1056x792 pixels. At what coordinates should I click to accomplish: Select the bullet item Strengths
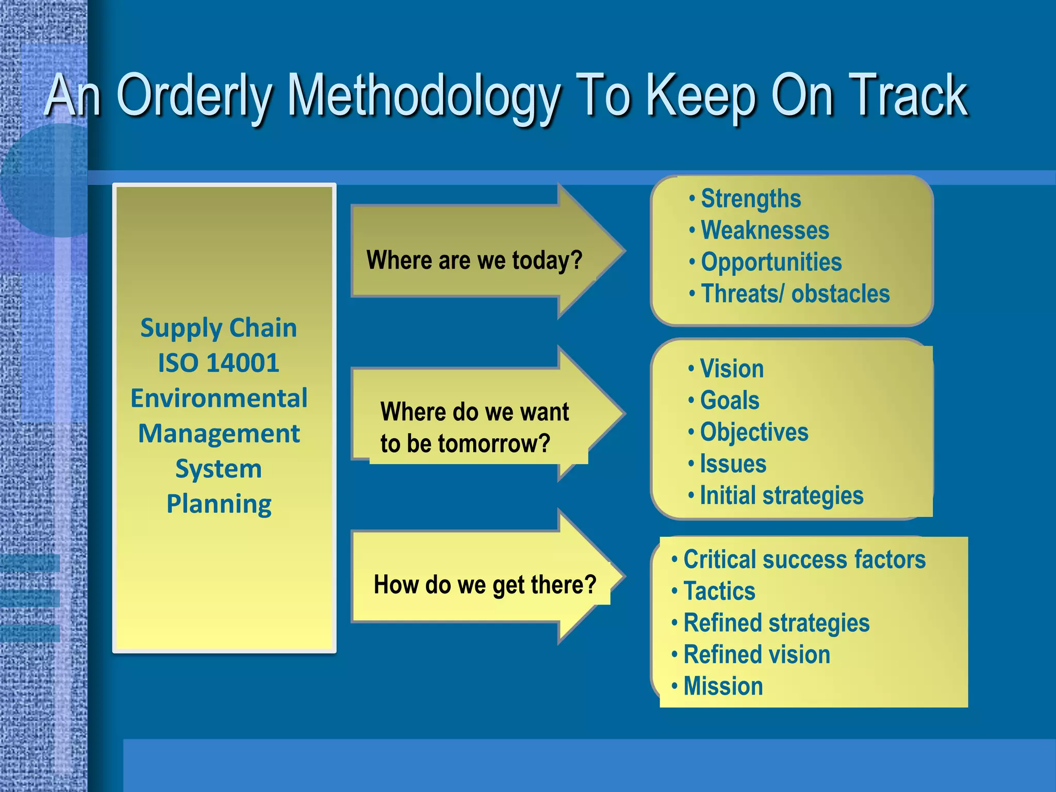point(751,199)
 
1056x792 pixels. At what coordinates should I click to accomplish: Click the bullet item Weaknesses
point(765,230)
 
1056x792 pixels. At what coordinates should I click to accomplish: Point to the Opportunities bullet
point(771,262)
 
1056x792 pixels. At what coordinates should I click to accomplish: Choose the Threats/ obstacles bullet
point(795,294)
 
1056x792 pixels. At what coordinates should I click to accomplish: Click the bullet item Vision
point(732,369)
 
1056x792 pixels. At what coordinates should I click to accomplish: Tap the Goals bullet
point(730,400)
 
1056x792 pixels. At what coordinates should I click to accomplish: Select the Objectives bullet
point(754,432)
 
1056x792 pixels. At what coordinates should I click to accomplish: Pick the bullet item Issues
point(733,464)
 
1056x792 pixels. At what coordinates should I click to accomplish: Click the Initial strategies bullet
point(781,496)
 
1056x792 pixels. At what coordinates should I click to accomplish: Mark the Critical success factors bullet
point(804,559)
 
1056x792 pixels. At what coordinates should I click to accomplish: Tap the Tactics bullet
point(719,591)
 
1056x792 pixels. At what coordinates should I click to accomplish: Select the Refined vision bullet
point(756,655)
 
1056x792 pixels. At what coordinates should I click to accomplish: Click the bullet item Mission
point(723,686)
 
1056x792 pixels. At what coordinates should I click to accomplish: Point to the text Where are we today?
point(474,260)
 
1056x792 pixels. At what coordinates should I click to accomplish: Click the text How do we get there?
point(485,585)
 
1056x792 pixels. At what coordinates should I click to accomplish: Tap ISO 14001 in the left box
point(219,362)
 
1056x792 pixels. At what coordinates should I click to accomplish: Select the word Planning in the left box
point(219,504)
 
